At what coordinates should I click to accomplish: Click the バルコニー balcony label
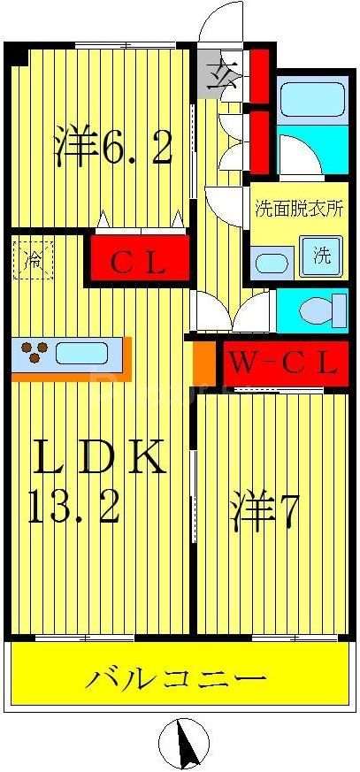tap(176, 679)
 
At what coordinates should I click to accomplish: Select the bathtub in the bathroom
tap(310, 103)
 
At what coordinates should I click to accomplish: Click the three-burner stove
tap(34, 354)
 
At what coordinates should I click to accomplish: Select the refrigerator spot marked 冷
tap(34, 260)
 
